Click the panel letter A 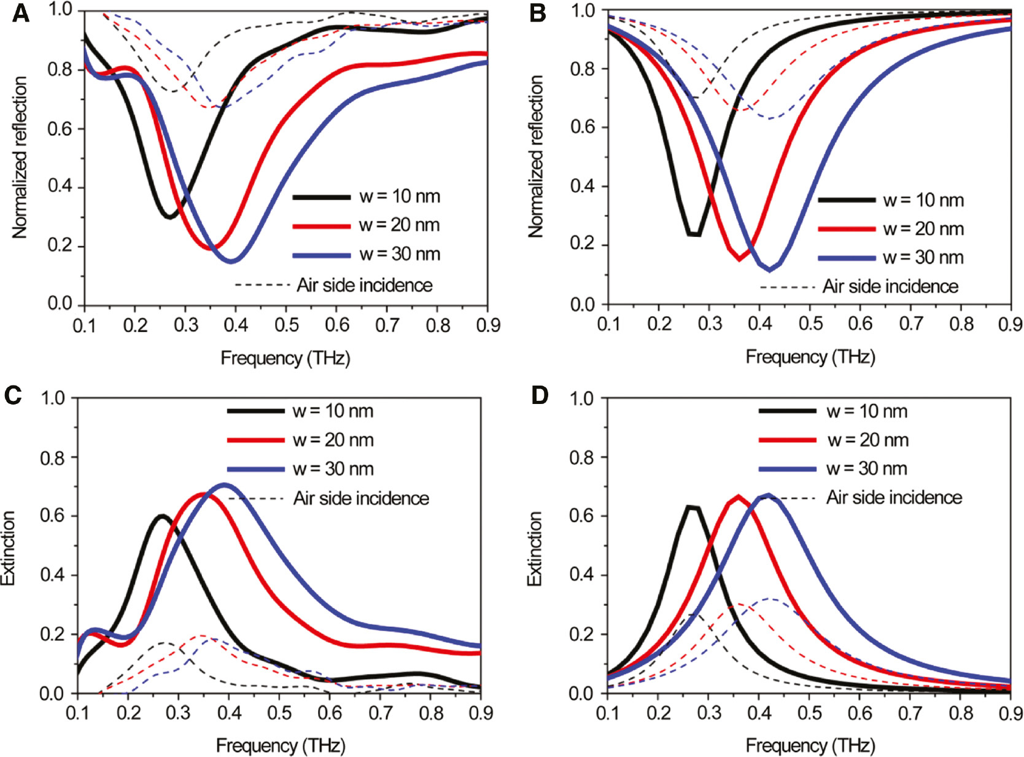coord(20,14)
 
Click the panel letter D coord(539,396)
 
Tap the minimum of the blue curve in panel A coord(231,262)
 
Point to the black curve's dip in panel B coord(694,234)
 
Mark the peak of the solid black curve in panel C coord(162,516)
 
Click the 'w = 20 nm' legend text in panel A coord(399,225)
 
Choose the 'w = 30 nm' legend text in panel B coord(923,257)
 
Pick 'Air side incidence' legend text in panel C coord(361,498)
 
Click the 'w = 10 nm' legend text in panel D coord(867,411)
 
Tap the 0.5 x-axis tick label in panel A coord(287,325)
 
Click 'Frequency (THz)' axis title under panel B coord(810,357)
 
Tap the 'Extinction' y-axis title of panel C coord(9,548)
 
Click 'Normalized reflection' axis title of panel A coord(20,157)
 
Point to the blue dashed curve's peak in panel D coord(770,599)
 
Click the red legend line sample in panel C coord(255,440)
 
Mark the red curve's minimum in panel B coord(739,258)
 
